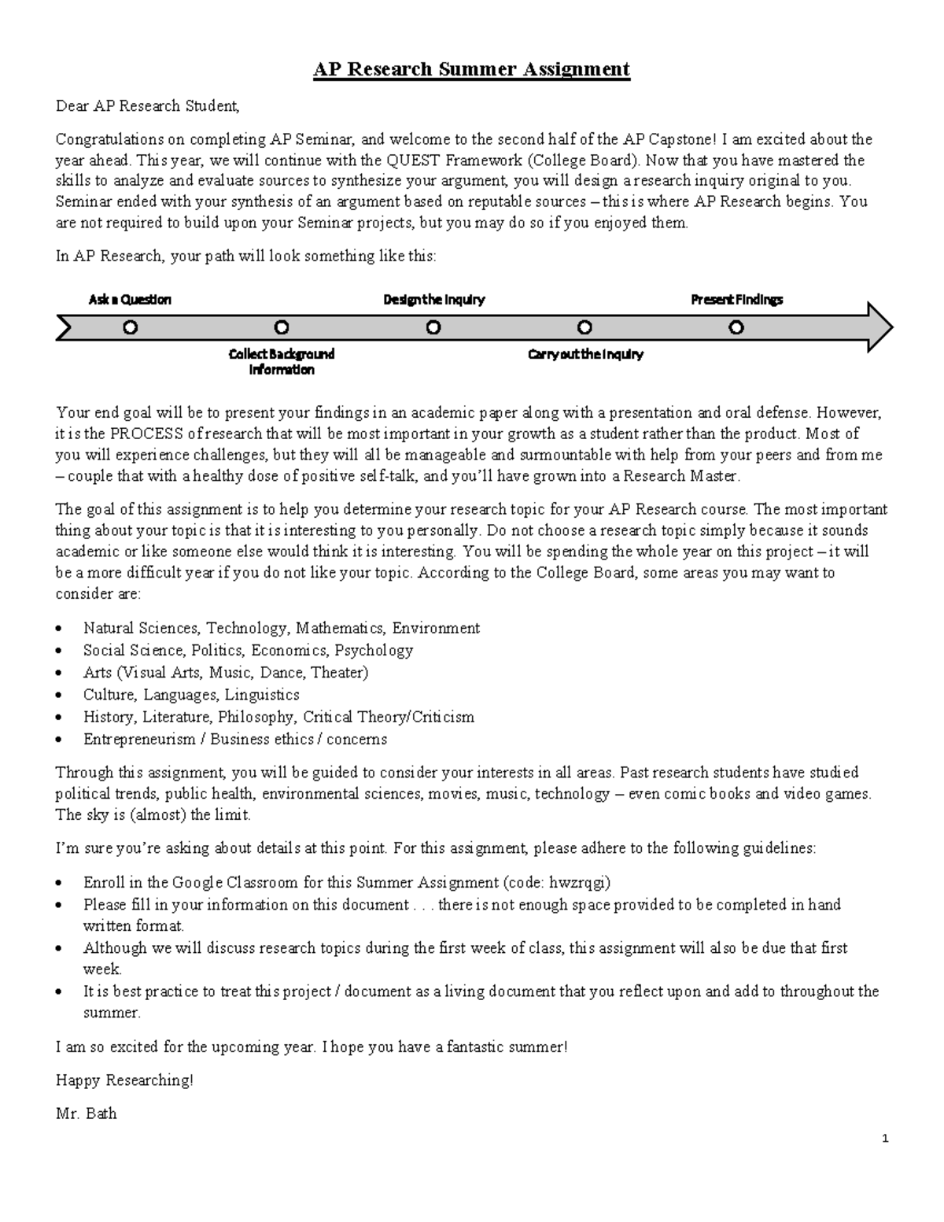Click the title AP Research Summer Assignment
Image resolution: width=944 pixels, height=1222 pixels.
471,69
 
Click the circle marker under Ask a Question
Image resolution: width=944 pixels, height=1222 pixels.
131,327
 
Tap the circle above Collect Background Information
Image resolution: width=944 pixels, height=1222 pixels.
282,327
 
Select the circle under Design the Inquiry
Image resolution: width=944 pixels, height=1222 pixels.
433,327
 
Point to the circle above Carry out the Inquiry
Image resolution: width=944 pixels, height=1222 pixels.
584,327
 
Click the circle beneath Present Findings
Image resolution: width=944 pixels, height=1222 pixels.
736,327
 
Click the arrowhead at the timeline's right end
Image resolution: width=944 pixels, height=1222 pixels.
879,327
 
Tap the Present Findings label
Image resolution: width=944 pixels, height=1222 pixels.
736,300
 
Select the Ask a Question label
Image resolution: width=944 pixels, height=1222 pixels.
130,300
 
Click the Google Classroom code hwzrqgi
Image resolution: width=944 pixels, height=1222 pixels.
581,882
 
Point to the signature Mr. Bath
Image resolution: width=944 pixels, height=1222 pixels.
86,1113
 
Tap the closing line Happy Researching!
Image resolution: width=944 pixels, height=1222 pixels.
124,1080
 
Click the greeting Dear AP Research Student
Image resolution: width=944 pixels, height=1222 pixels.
146,105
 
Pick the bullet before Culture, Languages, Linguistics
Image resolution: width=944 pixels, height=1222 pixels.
61,696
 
